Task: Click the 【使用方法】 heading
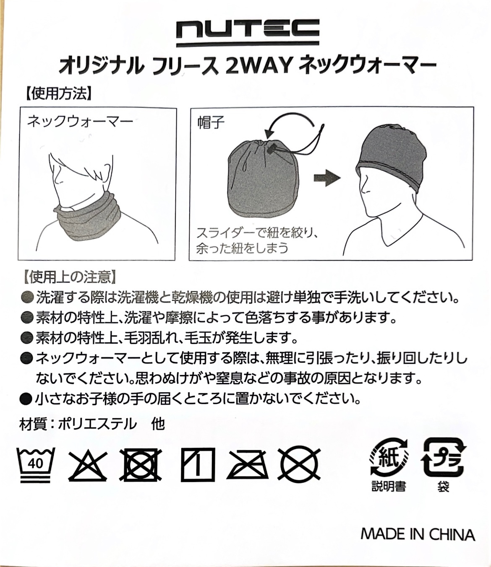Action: (57, 93)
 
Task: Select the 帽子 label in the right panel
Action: (211, 122)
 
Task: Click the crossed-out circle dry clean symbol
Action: (300, 465)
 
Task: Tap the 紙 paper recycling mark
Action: (388, 458)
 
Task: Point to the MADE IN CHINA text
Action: (418, 534)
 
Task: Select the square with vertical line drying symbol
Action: (197, 465)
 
